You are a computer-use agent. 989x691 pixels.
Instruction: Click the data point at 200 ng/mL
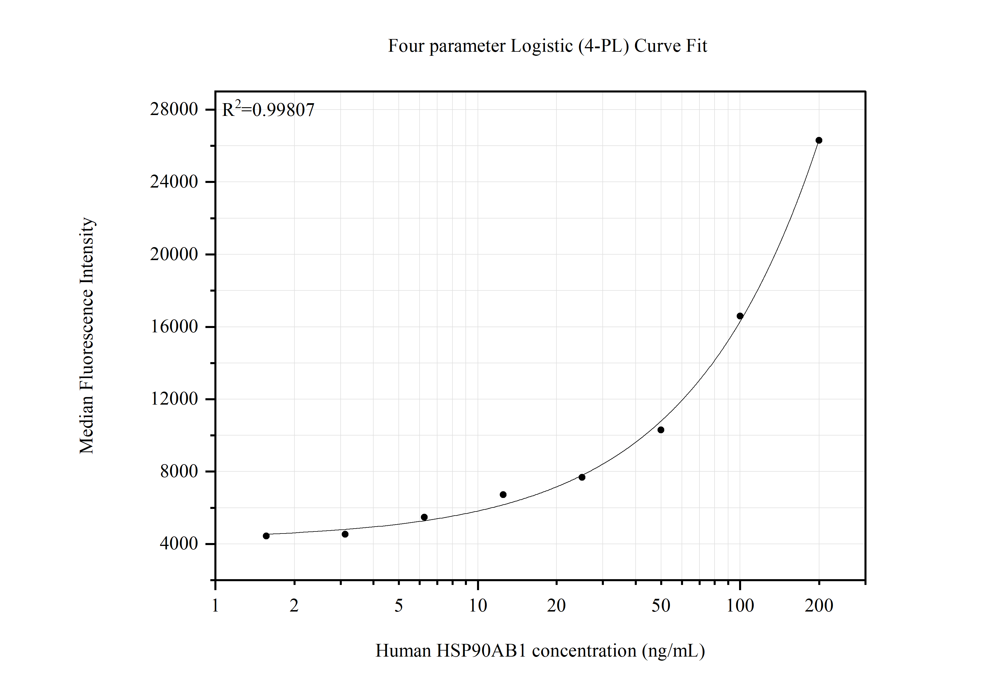click(x=819, y=140)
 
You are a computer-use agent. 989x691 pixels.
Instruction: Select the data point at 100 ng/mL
click(x=740, y=316)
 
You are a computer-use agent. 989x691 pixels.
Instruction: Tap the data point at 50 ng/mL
click(x=661, y=430)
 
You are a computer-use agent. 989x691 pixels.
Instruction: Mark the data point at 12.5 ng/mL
click(x=503, y=494)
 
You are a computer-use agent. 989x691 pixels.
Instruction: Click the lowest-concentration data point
click(x=266, y=536)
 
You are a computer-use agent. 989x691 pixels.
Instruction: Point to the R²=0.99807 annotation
click(x=268, y=110)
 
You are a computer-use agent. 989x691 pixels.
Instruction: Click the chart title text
click(x=547, y=46)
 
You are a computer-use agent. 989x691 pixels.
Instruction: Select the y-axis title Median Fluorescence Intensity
click(x=87, y=336)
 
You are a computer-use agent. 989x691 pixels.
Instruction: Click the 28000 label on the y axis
click(x=174, y=110)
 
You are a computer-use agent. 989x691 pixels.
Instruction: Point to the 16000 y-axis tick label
click(x=174, y=327)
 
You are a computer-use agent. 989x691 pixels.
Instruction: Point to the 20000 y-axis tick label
click(x=174, y=254)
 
